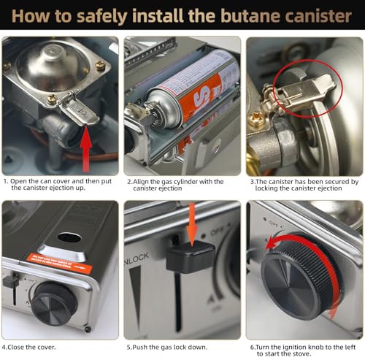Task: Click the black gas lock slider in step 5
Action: [190, 256]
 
